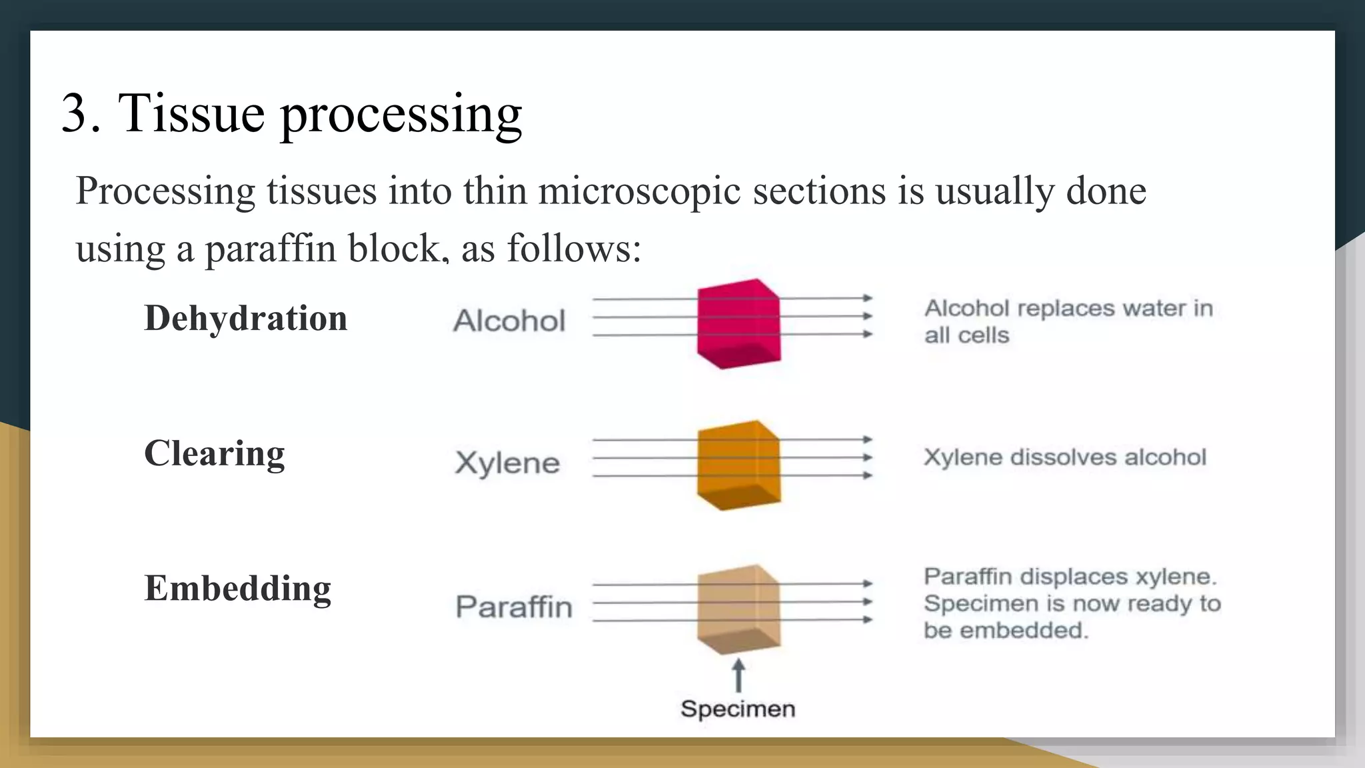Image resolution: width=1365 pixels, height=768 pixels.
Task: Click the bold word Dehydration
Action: (x=245, y=318)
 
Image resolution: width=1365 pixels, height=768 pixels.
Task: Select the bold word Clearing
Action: (x=214, y=454)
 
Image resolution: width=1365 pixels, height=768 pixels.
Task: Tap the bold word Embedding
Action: (x=237, y=589)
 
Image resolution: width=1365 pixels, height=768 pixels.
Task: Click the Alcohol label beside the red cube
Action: (x=509, y=321)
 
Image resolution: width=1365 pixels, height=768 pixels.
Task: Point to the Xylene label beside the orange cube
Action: (x=507, y=463)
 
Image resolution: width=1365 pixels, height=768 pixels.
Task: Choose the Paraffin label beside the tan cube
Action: (x=514, y=607)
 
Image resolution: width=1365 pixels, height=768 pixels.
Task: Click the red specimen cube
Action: (x=738, y=324)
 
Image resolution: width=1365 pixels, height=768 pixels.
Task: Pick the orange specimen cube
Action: (x=738, y=465)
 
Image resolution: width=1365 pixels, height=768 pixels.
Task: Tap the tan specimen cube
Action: (x=738, y=609)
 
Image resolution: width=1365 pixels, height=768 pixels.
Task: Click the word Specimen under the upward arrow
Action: (x=738, y=709)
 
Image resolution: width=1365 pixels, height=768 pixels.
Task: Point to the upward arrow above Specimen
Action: (x=738, y=675)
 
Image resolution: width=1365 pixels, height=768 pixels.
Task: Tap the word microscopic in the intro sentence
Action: (x=639, y=191)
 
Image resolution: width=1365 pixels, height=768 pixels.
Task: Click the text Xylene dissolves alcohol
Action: (x=1064, y=457)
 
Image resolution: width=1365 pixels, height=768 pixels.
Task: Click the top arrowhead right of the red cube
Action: (x=867, y=298)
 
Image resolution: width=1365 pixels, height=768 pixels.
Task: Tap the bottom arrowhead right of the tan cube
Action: (x=867, y=620)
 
